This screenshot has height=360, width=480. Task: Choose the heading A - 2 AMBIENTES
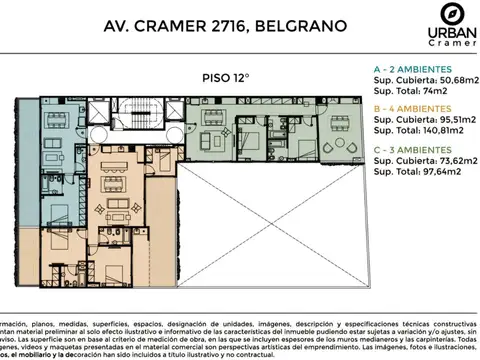pos(413,69)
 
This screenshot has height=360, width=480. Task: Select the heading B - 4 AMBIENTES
pos(413,106)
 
